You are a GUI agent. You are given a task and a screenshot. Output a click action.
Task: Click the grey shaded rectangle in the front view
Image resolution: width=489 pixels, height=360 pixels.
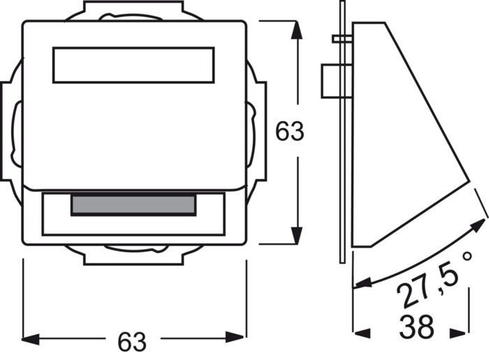[x=133, y=206]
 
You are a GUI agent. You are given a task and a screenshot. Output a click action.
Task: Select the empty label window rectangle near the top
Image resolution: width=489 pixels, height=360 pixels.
[x=133, y=65]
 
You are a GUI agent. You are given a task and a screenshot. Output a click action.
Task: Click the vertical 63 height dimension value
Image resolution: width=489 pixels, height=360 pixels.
[x=289, y=131]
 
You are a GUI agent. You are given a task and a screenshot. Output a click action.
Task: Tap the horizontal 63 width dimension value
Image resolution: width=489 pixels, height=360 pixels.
[x=132, y=342]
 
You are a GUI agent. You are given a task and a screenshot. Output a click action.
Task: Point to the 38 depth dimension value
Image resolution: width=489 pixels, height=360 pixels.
[x=416, y=327]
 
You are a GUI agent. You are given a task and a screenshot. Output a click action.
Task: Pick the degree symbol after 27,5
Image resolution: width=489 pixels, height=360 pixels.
[x=467, y=257]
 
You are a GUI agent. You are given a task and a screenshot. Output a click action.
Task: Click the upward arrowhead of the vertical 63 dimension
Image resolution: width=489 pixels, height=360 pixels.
[x=297, y=30]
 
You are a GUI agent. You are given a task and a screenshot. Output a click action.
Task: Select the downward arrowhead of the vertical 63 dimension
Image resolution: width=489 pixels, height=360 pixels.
[x=297, y=236]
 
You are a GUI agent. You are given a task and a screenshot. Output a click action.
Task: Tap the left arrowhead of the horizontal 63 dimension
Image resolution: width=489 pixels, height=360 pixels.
[x=31, y=339]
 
